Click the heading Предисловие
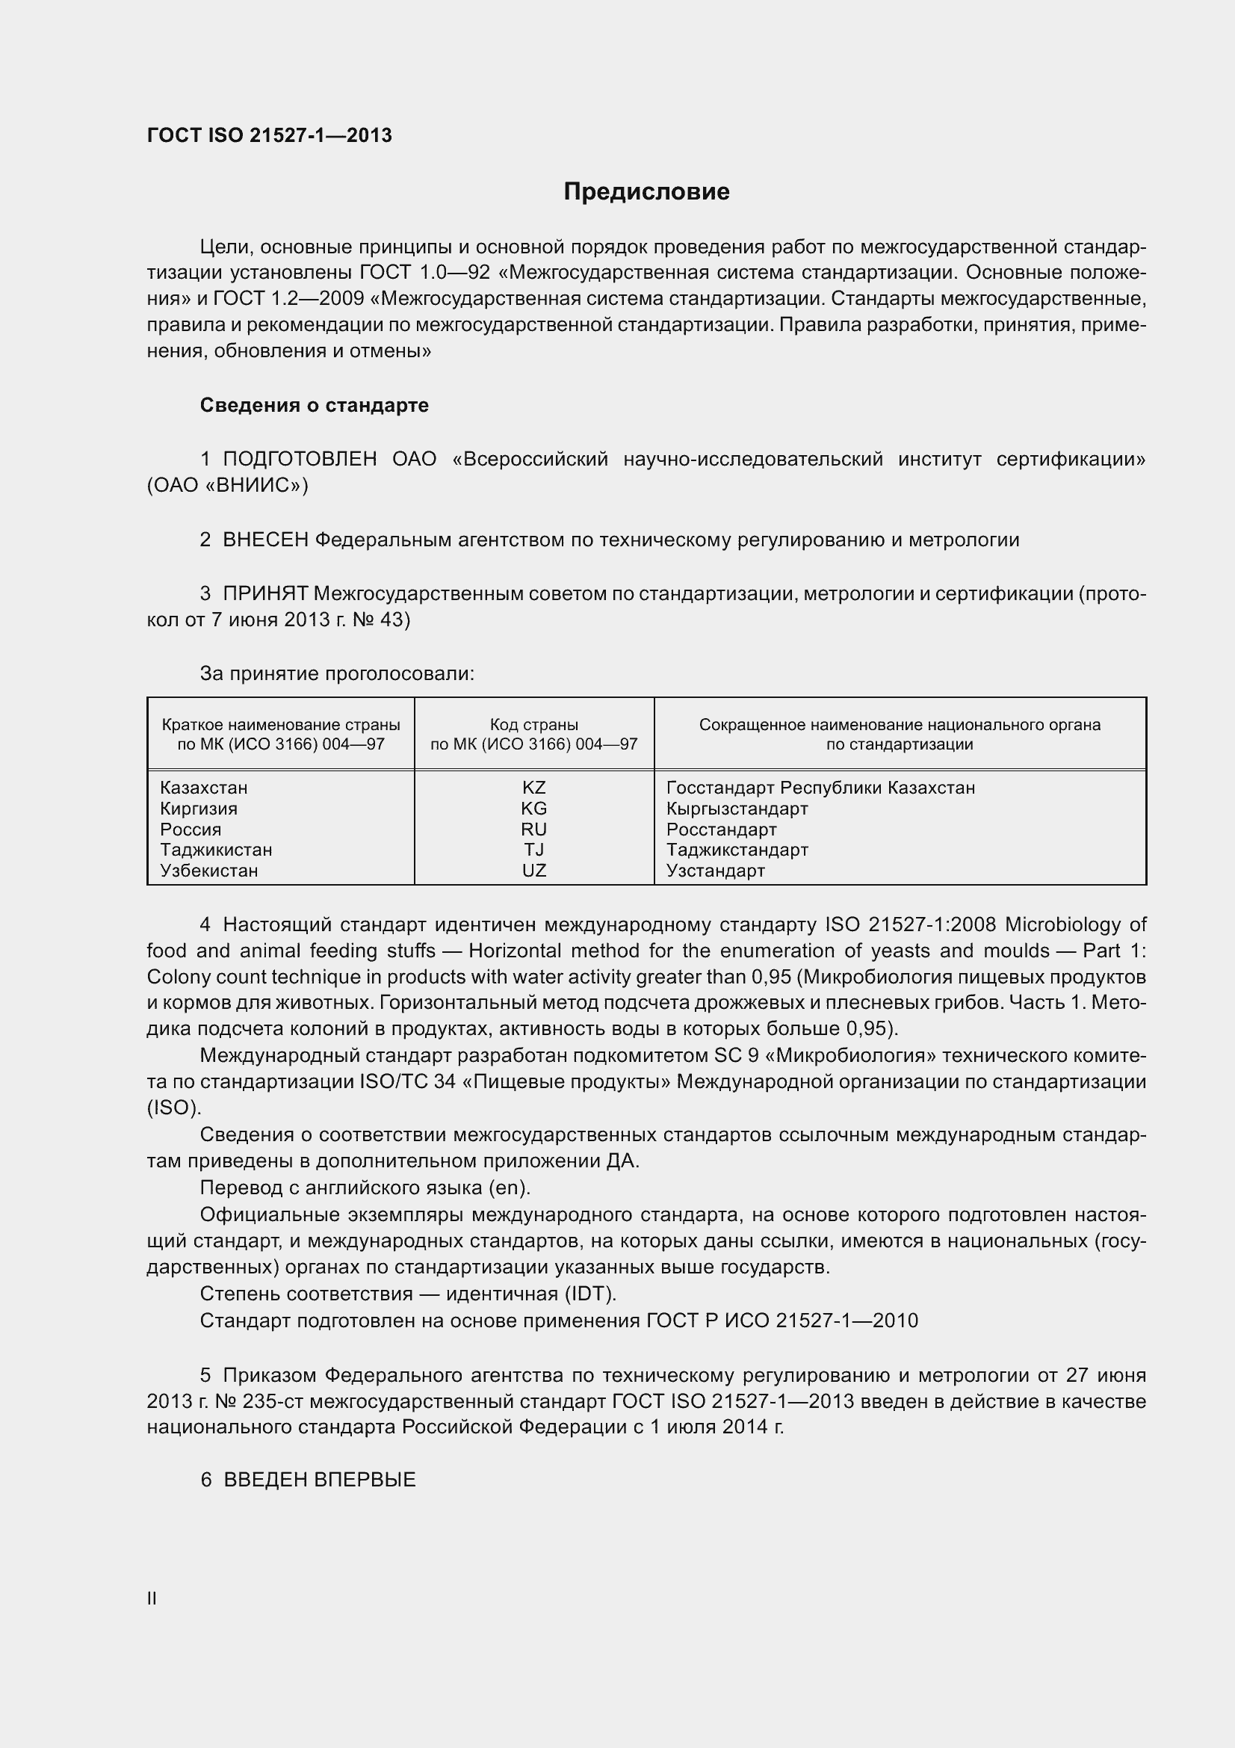[646, 191]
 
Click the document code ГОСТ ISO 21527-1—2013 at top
[270, 135]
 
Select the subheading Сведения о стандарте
[314, 405]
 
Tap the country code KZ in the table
[533, 788]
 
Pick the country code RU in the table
[533, 829]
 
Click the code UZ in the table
[533, 870]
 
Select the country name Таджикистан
[216, 850]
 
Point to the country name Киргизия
[199, 809]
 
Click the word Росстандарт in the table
[722, 829]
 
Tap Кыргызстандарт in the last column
[737, 809]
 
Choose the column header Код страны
[533, 725]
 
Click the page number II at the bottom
[152, 1599]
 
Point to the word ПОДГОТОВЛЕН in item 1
[299, 459]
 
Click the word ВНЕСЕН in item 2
[265, 540]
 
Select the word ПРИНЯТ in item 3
[265, 593]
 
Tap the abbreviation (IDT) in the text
[589, 1294]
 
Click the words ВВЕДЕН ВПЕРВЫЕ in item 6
[320, 1480]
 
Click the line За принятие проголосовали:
[337, 674]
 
